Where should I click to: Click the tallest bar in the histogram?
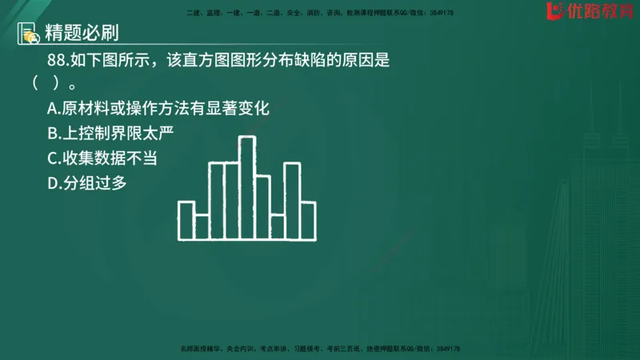click(247, 188)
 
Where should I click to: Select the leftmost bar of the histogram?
click(186, 221)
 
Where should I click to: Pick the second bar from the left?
click(202, 227)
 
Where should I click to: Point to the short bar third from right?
click(278, 227)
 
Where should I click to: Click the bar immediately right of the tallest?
click(262, 206)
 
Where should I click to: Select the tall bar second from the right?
click(293, 201)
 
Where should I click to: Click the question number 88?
click(57, 60)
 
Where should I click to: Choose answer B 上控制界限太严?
click(110, 134)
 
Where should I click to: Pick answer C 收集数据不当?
click(102, 158)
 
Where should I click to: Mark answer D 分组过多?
click(87, 183)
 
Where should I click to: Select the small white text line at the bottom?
click(320, 350)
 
